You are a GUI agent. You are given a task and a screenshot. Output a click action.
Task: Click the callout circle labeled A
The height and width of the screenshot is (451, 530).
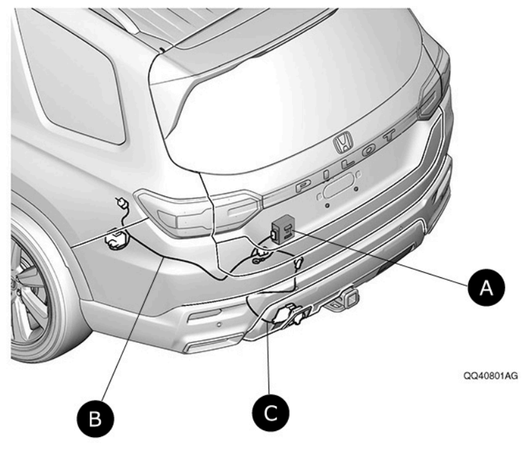pos(488,287)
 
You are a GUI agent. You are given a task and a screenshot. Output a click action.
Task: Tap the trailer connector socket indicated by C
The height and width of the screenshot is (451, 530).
pos(287,314)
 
